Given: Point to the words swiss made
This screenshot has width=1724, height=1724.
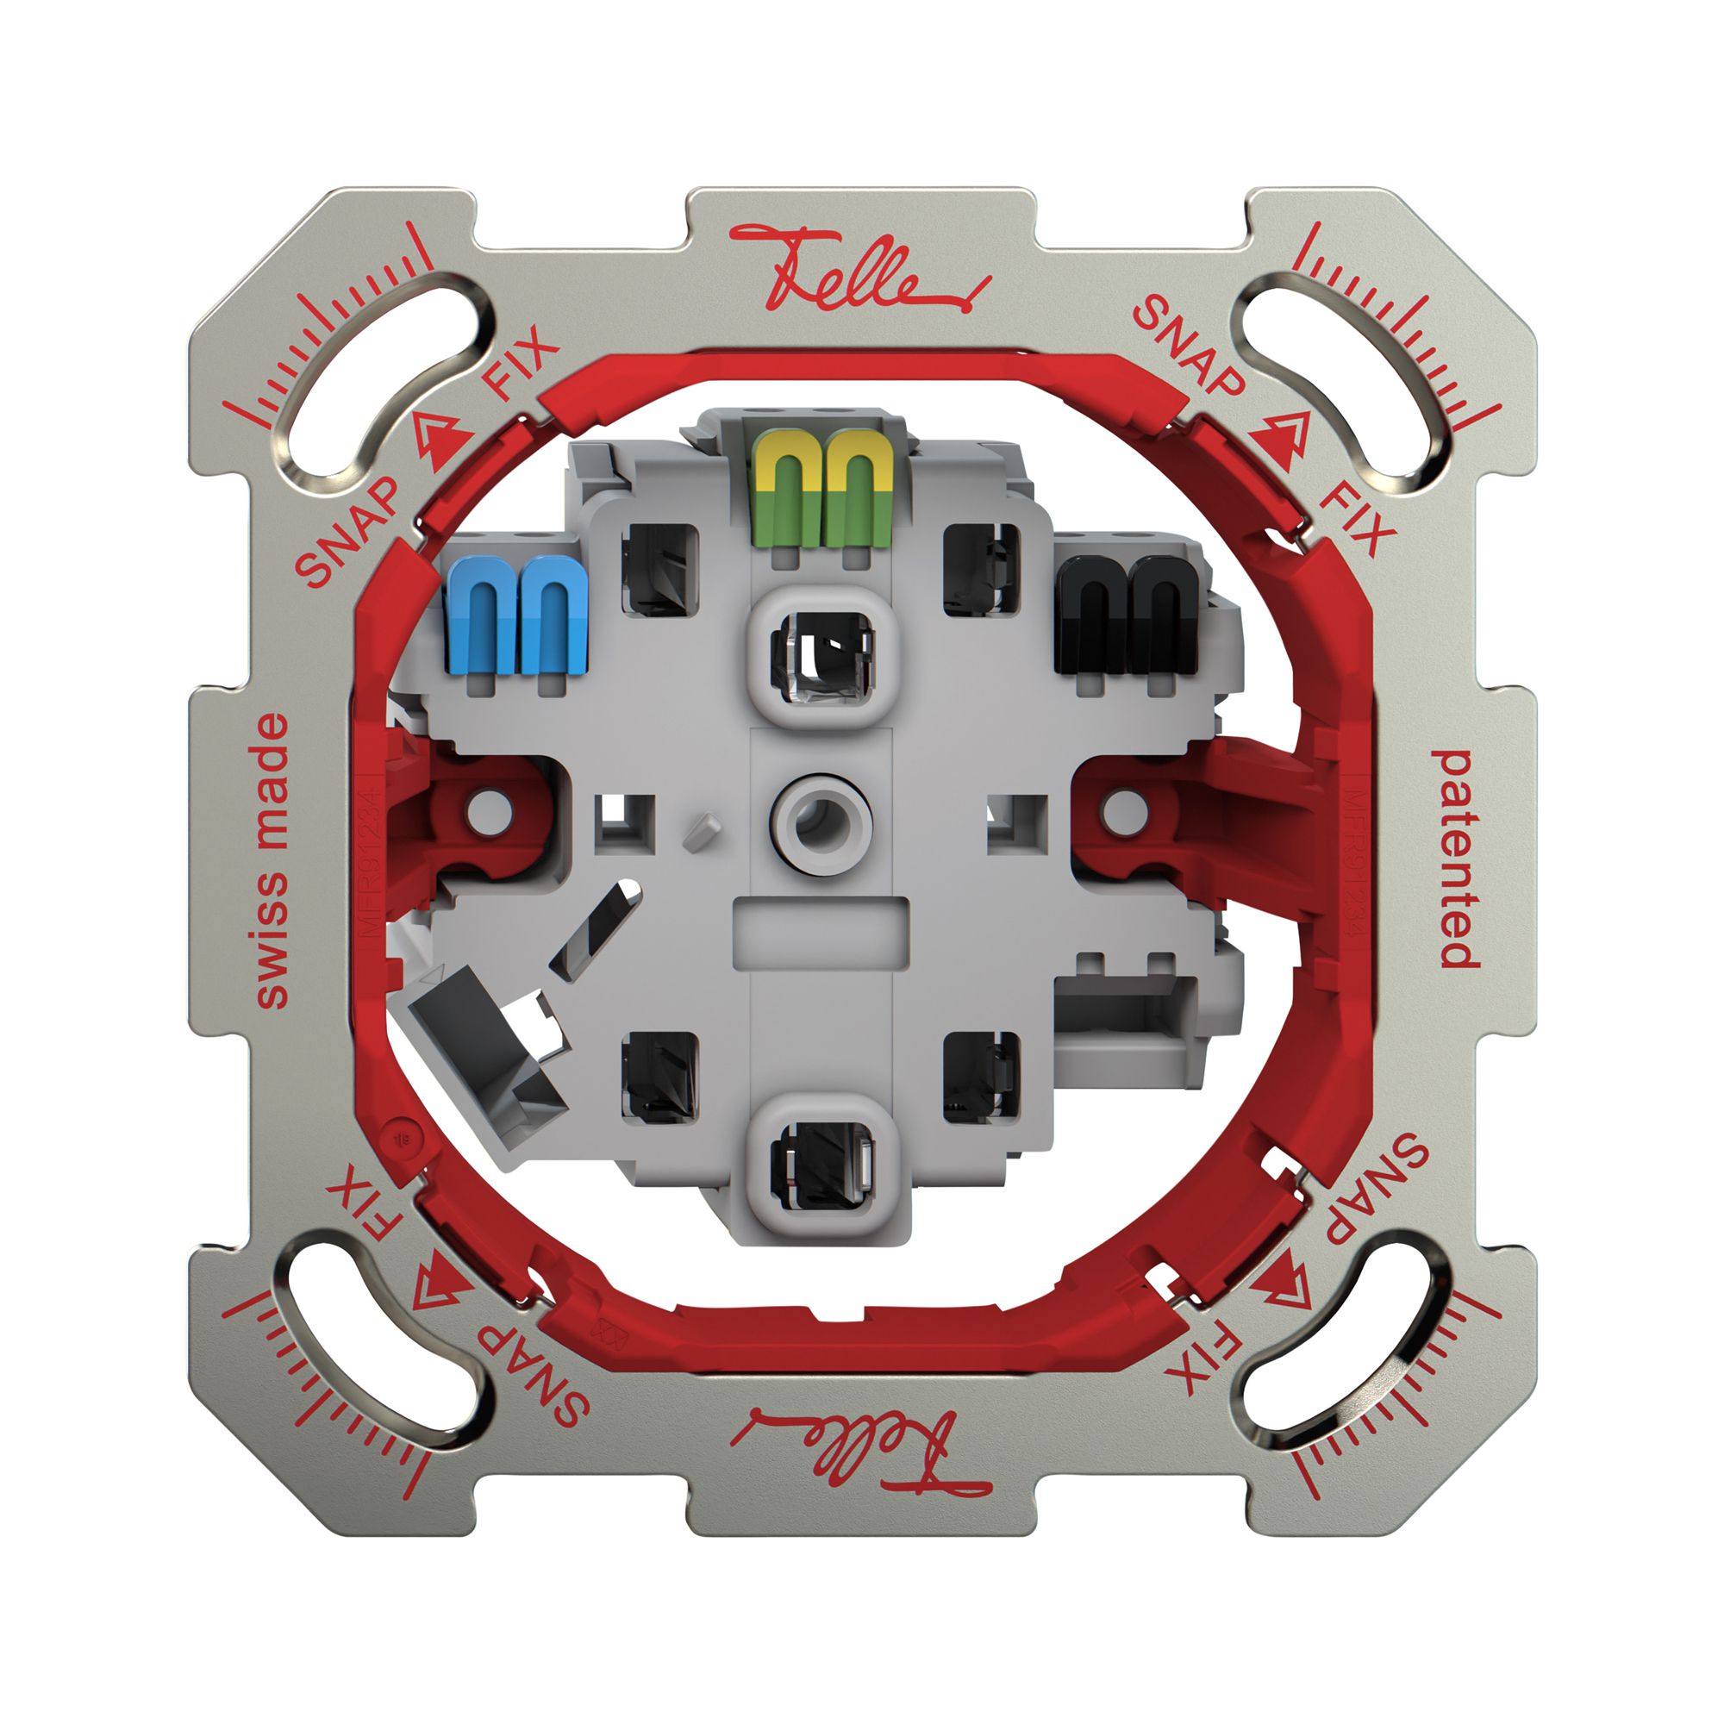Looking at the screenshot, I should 272,861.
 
